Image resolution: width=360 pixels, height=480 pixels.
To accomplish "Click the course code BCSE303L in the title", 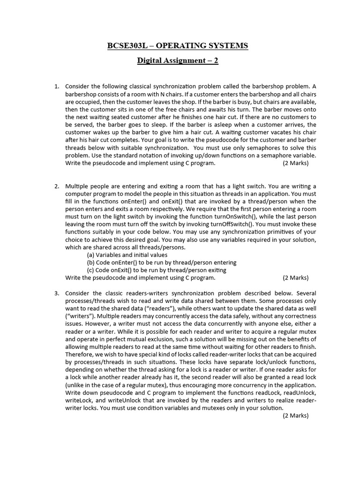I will pos(126,45).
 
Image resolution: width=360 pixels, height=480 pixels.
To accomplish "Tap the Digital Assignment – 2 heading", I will pos(178,60).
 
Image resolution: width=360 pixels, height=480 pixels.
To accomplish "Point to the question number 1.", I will pos(56,87).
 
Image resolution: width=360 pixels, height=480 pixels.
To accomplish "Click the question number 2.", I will pos(56,186).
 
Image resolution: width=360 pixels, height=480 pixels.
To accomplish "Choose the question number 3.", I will pos(56,293).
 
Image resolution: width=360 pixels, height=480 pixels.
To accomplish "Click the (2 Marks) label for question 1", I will pos(295,163).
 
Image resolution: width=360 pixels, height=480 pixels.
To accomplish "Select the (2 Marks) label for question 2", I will pos(295,277).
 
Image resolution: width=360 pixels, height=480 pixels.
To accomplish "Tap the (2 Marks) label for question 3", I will pos(295,415).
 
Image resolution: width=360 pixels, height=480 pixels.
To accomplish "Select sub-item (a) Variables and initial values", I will pos(127,255).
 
